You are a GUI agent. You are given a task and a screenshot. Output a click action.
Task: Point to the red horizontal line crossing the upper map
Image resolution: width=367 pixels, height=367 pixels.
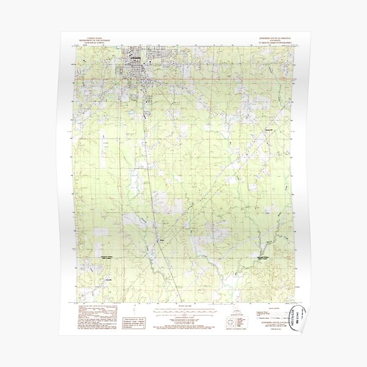pyautogui.click(x=183, y=79)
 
